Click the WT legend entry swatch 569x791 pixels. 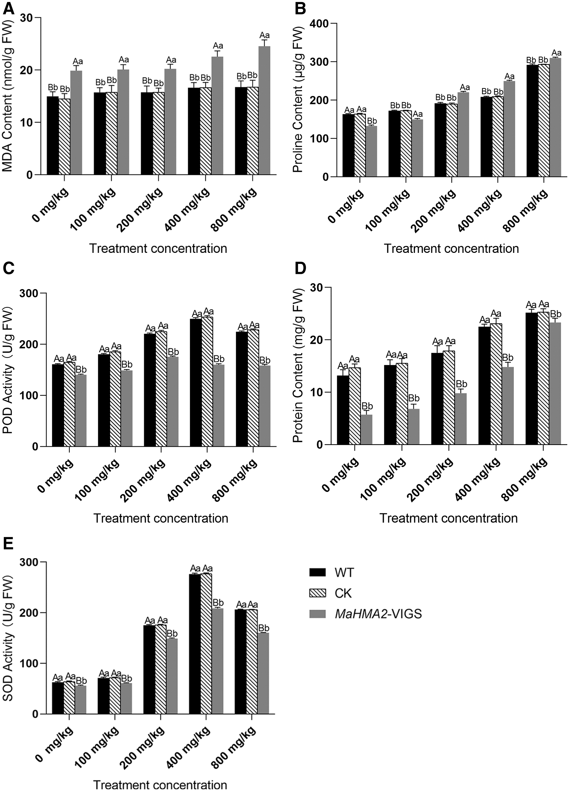[x=317, y=572]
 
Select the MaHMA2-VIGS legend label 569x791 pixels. [x=378, y=614]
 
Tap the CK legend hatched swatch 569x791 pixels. [x=317, y=593]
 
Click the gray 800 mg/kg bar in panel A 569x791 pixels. [x=264, y=110]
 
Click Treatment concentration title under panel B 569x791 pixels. [x=451, y=249]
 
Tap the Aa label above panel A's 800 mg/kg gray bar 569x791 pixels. [x=264, y=35]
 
